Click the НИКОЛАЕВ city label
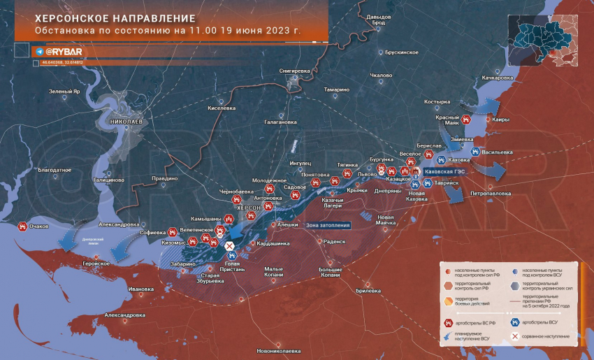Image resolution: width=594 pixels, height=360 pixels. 126,122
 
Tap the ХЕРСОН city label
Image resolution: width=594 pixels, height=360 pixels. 249,208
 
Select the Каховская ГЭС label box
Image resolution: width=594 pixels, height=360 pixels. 444,171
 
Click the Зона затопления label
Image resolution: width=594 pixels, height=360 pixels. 328,225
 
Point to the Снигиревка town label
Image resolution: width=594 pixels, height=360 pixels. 294,71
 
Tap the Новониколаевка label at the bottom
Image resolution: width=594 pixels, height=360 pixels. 278,350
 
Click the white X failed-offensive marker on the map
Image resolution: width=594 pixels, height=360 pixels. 229,245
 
